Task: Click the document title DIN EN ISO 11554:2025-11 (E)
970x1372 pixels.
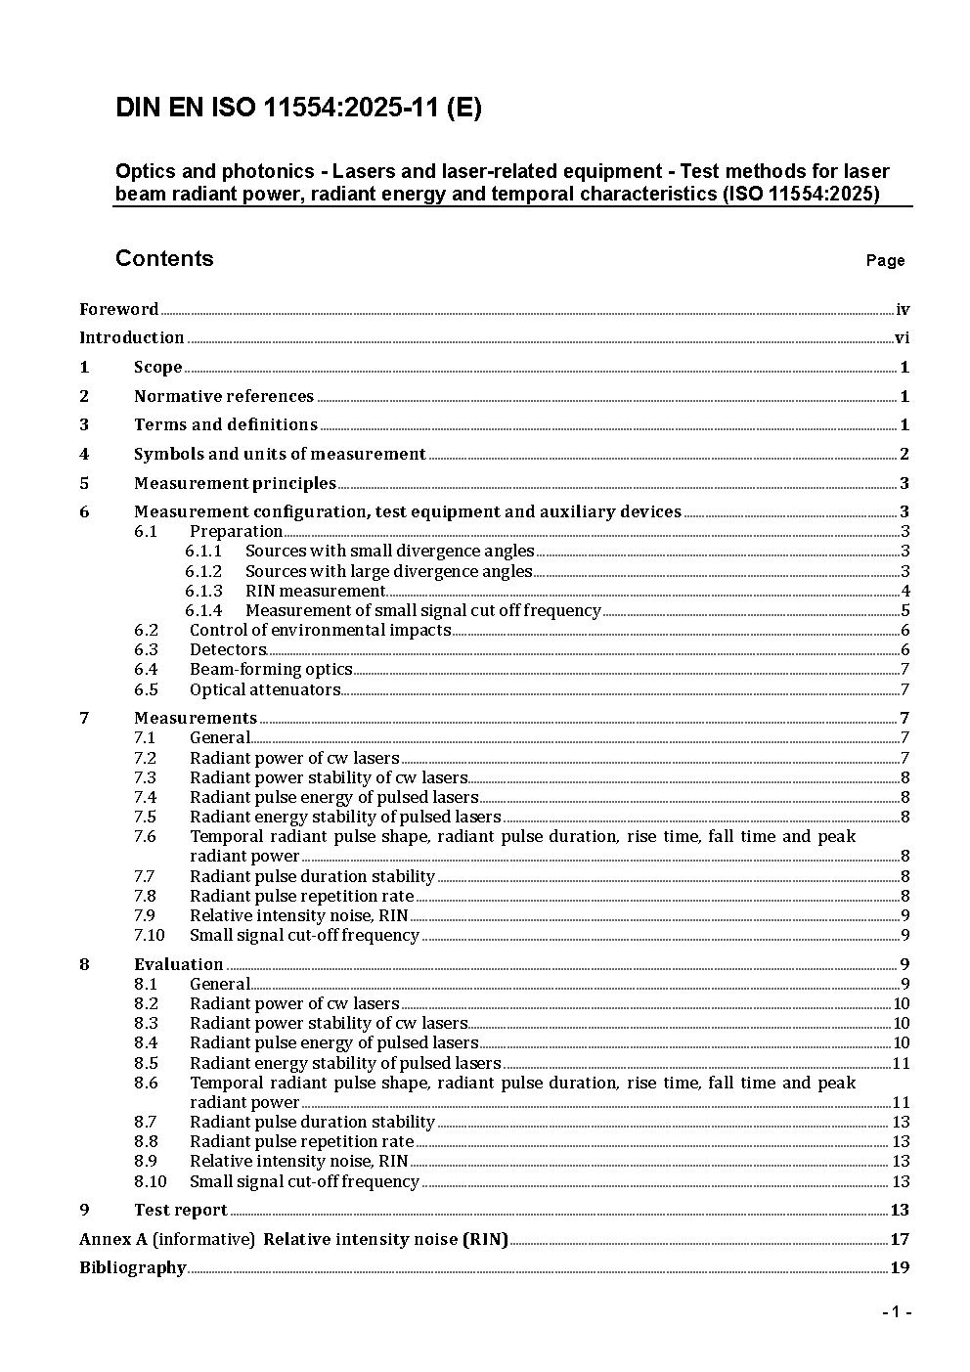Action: click(x=298, y=109)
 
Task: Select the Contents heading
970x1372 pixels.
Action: click(x=164, y=258)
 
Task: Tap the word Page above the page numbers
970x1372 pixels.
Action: click(x=885, y=260)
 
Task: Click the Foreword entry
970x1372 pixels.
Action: click(x=118, y=309)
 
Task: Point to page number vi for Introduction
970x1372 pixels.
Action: click(x=903, y=338)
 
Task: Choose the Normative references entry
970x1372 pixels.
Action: click(x=224, y=396)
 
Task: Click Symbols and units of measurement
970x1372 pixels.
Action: click(x=280, y=454)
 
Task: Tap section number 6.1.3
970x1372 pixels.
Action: click(x=203, y=591)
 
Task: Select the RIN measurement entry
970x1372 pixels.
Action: click(x=315, y=591)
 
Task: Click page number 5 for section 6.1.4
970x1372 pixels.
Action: click(x=905, y=610)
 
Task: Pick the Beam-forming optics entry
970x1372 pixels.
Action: click(x=271, y=669)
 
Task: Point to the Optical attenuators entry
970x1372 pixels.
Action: click(x=265, y=689)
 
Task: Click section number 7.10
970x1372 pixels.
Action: click(x=150, y=935)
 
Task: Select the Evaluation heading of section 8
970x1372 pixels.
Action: click(x=179, y=964)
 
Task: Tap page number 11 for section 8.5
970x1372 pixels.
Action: click(x=901, y=1063)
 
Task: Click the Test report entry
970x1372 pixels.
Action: click(x=181, y=1210)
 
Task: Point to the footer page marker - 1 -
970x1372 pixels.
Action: click(x=897, y=1311)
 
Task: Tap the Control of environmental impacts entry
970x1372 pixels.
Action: click(x=320, y=630)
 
